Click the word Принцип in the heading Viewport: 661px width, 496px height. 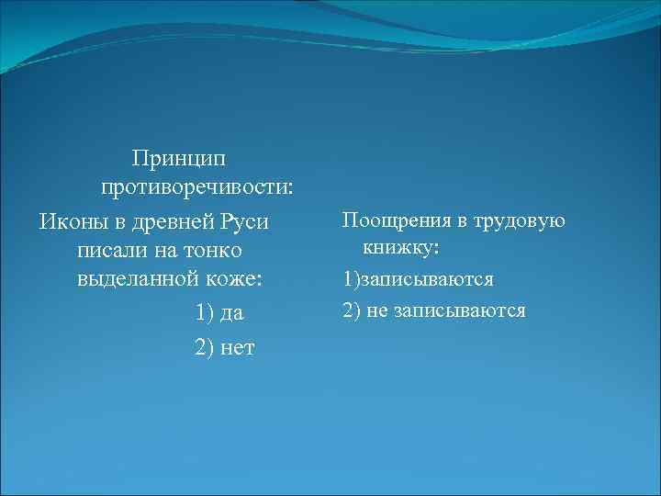pyautogui.click(x=185, y=159)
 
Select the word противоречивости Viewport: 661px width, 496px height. pyautogui.click(x=196, y=187)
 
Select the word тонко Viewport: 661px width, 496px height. pyautogui.click(x=213, y=251)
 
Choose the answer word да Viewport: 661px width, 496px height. pyautogui.click(x=232, y=313)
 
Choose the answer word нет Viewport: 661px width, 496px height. pyautogui.click(x=238, y=347)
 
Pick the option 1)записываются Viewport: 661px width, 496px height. pyautogui.click(x=419, y=279)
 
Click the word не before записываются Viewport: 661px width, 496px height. pyautogui.click(x=377, y=310)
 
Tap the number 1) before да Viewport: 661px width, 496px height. pyautogui.click(x=205, y=313)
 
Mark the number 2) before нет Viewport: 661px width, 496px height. pyautogui.click(x=205, y=347)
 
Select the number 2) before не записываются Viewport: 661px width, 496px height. pyautogui.click(x=352, y=310)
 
